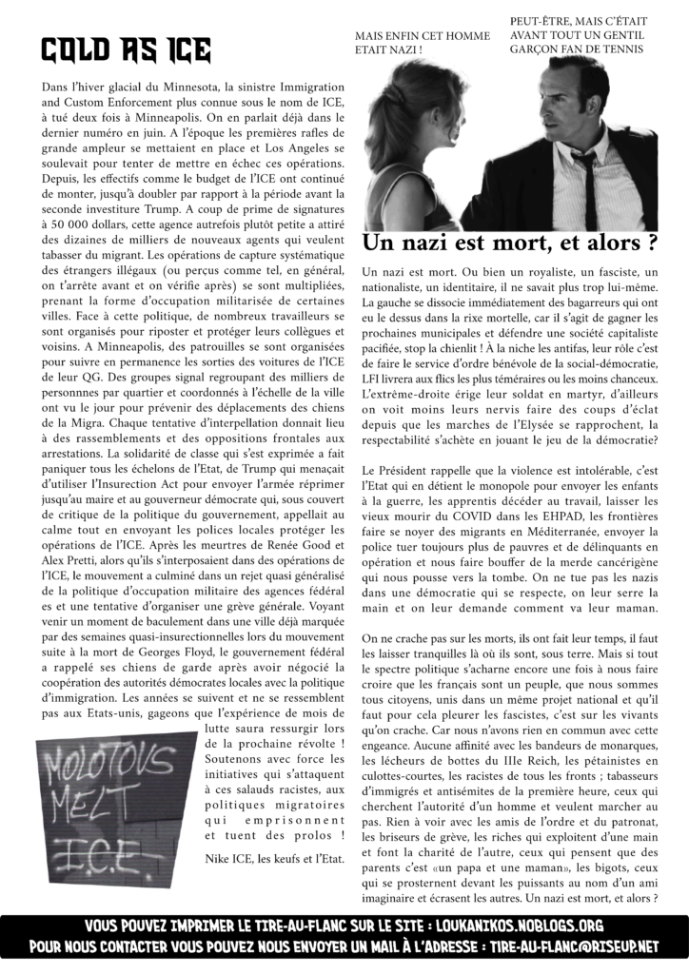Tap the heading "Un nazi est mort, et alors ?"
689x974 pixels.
pos(510,243)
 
